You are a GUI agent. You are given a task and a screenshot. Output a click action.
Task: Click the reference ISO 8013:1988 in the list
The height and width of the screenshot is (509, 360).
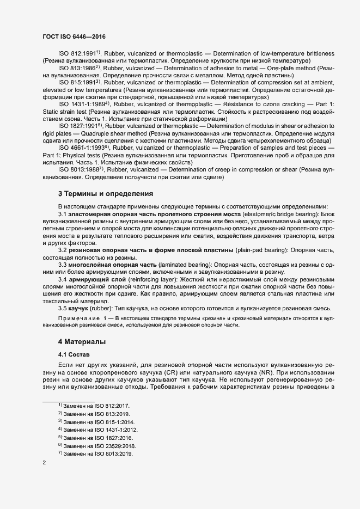click(80, 170)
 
